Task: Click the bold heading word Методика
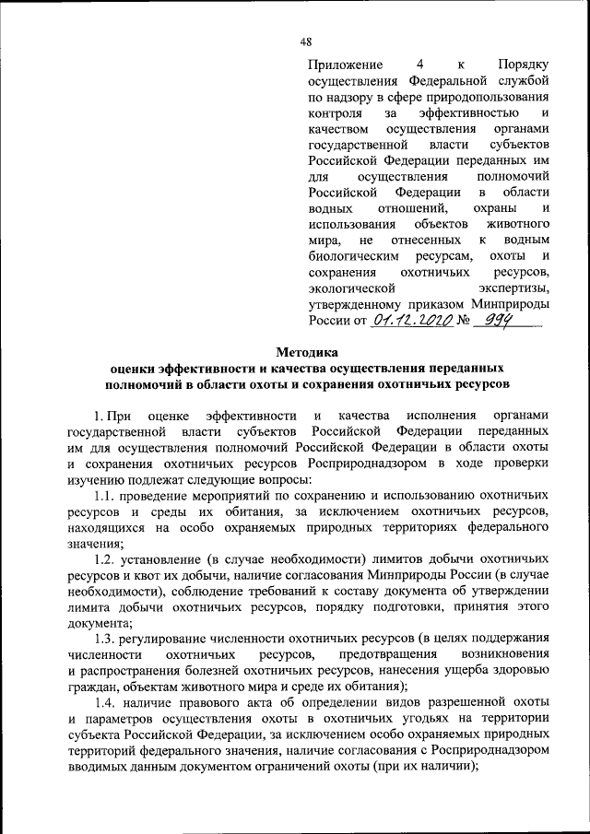click(308, 350)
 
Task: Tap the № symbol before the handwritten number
click(463, 322)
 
